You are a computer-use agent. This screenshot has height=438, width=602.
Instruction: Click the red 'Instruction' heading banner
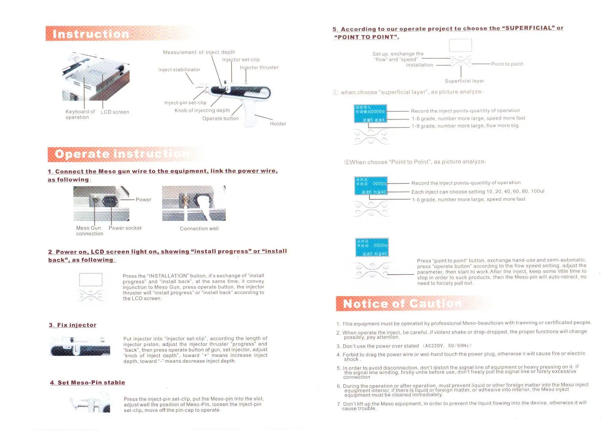click(91, 34)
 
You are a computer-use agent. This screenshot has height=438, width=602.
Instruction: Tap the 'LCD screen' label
click(115, 112)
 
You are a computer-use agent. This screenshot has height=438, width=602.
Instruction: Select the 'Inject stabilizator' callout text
click(179, 70)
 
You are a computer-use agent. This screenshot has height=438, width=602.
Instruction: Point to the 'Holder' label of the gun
click(278, 124)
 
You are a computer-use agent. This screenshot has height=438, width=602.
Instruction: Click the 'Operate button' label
click(220, 119)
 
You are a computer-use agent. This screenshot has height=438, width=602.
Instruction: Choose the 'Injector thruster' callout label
click(259, 68)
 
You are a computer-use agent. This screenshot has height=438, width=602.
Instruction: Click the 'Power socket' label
click(125, 228)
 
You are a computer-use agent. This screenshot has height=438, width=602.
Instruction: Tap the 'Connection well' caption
click(199, 229)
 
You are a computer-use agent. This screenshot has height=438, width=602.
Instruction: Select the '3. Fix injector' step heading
click(73, 325)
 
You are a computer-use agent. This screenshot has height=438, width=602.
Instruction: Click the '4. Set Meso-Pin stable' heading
click(87, 383)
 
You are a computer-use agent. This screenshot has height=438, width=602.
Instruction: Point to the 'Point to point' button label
click(507, 64)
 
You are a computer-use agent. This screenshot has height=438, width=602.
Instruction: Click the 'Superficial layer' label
click(464, 81)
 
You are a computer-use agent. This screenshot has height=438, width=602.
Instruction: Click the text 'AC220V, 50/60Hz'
click(448, 346)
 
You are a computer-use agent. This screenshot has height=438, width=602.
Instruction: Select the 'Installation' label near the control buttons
click(419, 65)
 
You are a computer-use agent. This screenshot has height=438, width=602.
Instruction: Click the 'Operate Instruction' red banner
click(120, 154)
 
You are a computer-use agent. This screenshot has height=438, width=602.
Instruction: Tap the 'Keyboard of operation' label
click(80, 114)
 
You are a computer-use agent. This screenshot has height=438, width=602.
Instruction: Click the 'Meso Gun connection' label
click(89, 231)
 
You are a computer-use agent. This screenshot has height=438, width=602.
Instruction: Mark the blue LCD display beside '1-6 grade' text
click(370, 114)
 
